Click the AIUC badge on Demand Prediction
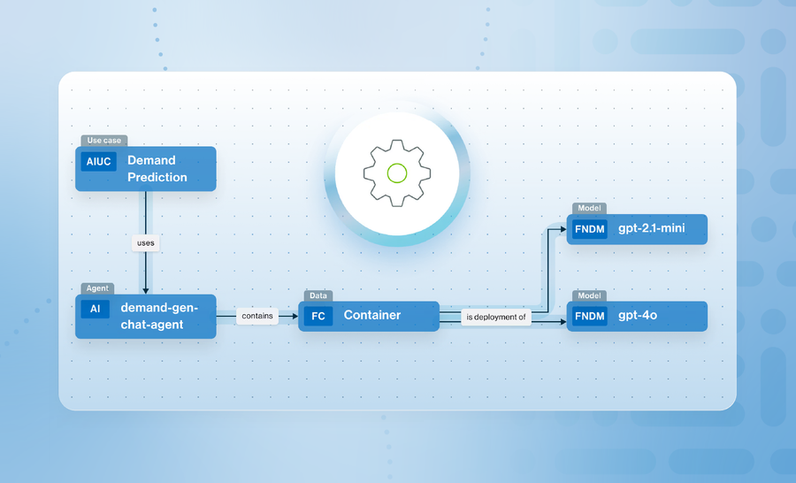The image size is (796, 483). point(99,162)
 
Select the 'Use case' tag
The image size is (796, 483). point(104,140)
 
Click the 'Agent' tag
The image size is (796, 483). point(96,288)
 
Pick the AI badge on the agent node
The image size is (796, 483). point(95,309)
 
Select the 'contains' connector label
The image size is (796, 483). point(256,315)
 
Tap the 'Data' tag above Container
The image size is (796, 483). point(318,295)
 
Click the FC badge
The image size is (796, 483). point(318,316)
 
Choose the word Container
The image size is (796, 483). point(372,315)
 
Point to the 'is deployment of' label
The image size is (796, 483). point(495,317)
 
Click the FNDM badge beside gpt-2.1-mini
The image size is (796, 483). point(589,229)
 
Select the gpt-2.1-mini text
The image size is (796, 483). point(651,229)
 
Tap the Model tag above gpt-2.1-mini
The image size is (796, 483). point(589,209)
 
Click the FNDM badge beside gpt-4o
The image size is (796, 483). point(589,316)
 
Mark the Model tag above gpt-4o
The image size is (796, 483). point(589,295)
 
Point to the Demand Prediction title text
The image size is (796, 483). point(157,169)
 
